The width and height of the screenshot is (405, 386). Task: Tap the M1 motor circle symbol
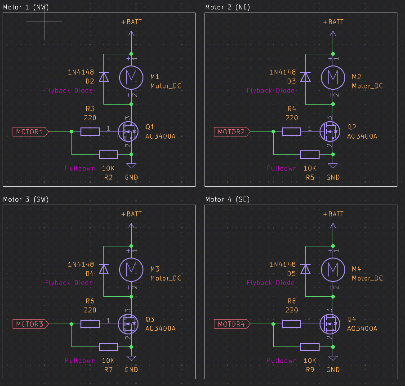(x=131, y=77)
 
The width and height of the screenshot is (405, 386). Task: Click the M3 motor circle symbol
(x=131, y=269)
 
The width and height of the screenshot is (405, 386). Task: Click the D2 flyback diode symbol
(x=104, y=77)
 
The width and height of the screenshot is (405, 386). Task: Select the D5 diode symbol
(x=306, y=269)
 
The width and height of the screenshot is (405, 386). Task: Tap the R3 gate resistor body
(x=90, y=132)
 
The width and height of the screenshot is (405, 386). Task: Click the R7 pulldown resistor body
(x=108, y=347)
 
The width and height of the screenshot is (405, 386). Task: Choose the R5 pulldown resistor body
(x=310, y=155)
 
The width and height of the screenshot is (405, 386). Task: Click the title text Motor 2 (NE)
(x=227, y=7)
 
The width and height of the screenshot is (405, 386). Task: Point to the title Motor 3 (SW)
(x=26, y=199)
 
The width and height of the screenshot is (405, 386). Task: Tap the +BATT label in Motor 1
(x=131, y=22)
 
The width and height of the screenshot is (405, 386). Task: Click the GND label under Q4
(x=333, y=370)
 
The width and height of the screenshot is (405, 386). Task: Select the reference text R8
(x=292, y=301)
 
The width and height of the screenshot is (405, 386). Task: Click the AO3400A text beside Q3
(x=160, y=329)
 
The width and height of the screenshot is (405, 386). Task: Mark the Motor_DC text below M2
(x=367, y=86)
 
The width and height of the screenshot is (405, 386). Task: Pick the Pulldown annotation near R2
(x=80, y=168)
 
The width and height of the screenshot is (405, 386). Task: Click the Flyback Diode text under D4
(x=69, y=283)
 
